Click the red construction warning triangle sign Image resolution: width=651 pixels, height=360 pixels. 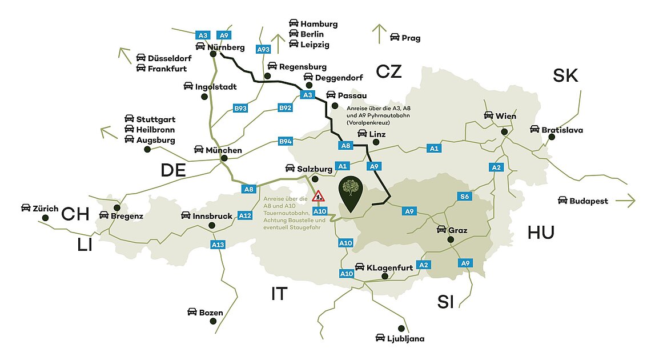[319, 197]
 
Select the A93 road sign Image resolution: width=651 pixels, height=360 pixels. [263, 50]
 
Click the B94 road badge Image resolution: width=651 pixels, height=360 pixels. [285, 141]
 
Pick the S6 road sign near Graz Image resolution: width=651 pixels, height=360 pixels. [465, 197]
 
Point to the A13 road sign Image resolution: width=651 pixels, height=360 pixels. [218, 245]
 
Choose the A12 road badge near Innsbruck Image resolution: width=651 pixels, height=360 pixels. [244, 215]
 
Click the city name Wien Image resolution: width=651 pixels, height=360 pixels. [506, 116]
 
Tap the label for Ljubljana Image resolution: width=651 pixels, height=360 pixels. [405, 338]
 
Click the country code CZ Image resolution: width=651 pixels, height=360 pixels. [389, 71]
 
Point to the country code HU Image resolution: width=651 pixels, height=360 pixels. [541, 232]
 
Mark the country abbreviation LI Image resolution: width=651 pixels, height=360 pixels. [85, 245]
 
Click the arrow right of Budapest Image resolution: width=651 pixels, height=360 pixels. [625, 201]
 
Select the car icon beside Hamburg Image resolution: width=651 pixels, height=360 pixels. [294, 23]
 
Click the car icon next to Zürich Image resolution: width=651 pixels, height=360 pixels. [26, 207]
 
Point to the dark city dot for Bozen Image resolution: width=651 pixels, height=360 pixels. [213, 322]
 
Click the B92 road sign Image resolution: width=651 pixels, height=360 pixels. [285, 107]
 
